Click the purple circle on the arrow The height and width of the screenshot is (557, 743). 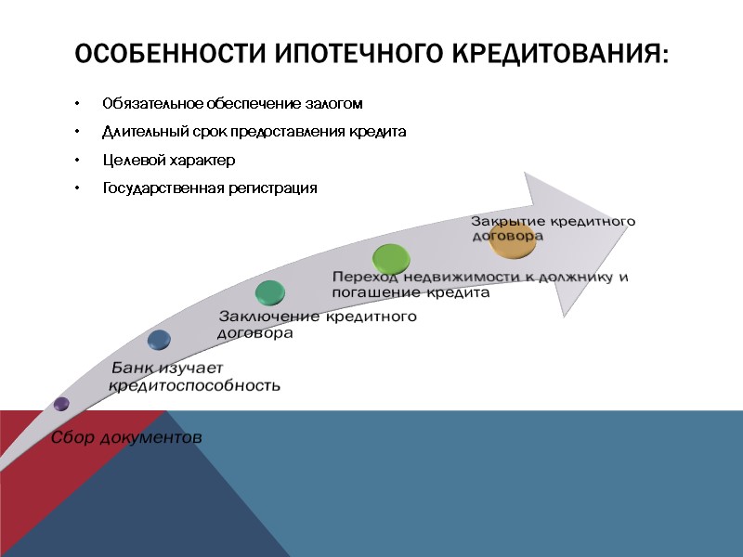pyautogui.click(x=61, y=404)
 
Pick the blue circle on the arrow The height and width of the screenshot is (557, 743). pyautogui.click(x=159, y=340)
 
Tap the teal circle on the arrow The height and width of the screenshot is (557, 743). pyautogui.click(x=270, y=292)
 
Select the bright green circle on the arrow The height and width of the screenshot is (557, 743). pyautogui.click(x=390, y=256)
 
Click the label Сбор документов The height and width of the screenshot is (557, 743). pyautogui.click(x=125, y=436)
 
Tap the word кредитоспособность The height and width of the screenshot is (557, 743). pyautogui.click(x=195, y=385)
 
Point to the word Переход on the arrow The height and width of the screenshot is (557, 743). pyautogui.click(x=365, y=278)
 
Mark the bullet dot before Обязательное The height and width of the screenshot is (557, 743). pyautogui.click(x=80, y=103)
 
